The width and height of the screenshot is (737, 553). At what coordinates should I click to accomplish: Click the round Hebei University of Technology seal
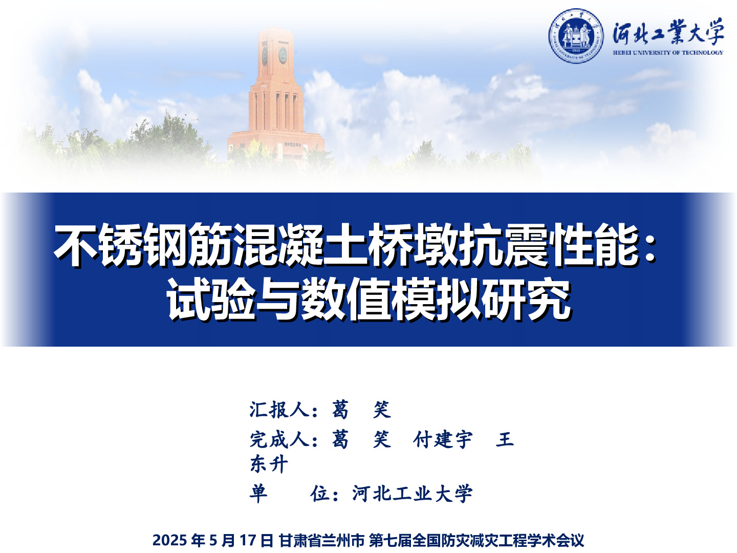(x=576, y=36)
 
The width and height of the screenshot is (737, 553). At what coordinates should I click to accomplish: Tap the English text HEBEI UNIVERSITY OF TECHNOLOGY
(x=668, y=52)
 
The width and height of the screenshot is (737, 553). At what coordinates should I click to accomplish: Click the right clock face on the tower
(x=283, y=55)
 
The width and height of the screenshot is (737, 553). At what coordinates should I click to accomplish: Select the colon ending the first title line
(x=651, y=248)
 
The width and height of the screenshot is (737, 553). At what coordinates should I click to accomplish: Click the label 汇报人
(x=279, y=410)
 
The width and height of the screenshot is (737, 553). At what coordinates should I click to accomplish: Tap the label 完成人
(x=279, y=439)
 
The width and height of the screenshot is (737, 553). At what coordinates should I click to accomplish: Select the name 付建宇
(x=443, y=439)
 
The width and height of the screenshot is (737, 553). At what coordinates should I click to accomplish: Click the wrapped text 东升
(x=269, y=464)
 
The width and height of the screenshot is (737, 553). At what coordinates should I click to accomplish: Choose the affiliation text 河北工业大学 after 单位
(x=413, y=494)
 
